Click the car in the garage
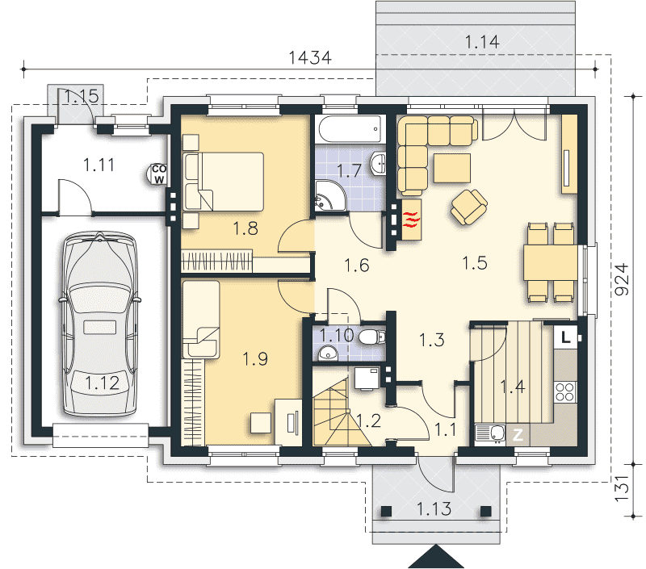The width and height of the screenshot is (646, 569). click(99, 324)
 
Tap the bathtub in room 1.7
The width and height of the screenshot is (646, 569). click(351, 129)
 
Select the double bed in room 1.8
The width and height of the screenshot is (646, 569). click(224, 182)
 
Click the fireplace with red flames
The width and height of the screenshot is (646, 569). click(411, 220)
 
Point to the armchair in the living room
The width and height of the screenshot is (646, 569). click(469, 207)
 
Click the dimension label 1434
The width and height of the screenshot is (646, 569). click(310, 57)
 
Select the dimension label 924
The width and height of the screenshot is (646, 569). click(622, 279)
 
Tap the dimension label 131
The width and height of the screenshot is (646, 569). click(622, 488)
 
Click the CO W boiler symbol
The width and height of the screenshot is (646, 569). click(158, 174)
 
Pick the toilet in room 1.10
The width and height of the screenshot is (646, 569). click(371, 337)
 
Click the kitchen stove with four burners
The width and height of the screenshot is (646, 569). click(564, 391)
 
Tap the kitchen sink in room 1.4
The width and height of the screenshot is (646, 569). click(490, 434)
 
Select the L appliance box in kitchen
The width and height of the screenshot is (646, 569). click(566, 337)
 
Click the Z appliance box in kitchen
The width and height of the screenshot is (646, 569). click(518, 434)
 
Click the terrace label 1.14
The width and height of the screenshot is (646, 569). click(482, 42)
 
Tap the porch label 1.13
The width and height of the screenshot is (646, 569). click(434, 509)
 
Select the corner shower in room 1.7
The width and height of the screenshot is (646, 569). click(329, 196)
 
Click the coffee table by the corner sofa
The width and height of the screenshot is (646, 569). click(452, 168)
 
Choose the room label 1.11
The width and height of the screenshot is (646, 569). click(99, 165)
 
